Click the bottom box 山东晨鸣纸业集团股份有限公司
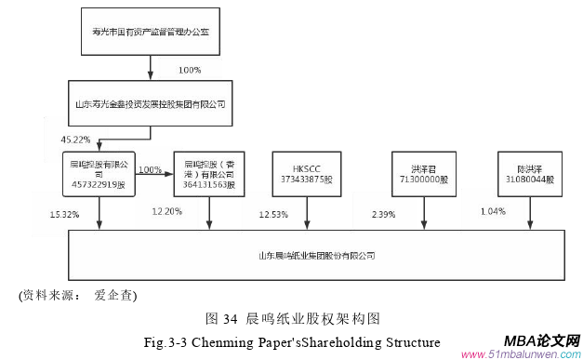322,254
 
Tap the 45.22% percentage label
75,139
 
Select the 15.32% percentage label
64,215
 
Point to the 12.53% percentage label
273,215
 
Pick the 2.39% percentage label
381,215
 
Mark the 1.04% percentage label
494,212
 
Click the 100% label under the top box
189,70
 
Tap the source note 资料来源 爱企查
79,297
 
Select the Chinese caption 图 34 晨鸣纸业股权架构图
293,318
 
